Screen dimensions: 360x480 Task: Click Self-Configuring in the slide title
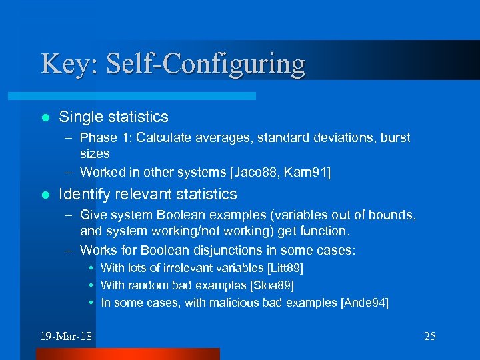201,65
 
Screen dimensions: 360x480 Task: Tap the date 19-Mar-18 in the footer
65,336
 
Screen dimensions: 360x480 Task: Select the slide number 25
430,336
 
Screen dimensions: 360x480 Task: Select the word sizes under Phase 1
94,153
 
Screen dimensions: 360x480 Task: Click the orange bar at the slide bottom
157,354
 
